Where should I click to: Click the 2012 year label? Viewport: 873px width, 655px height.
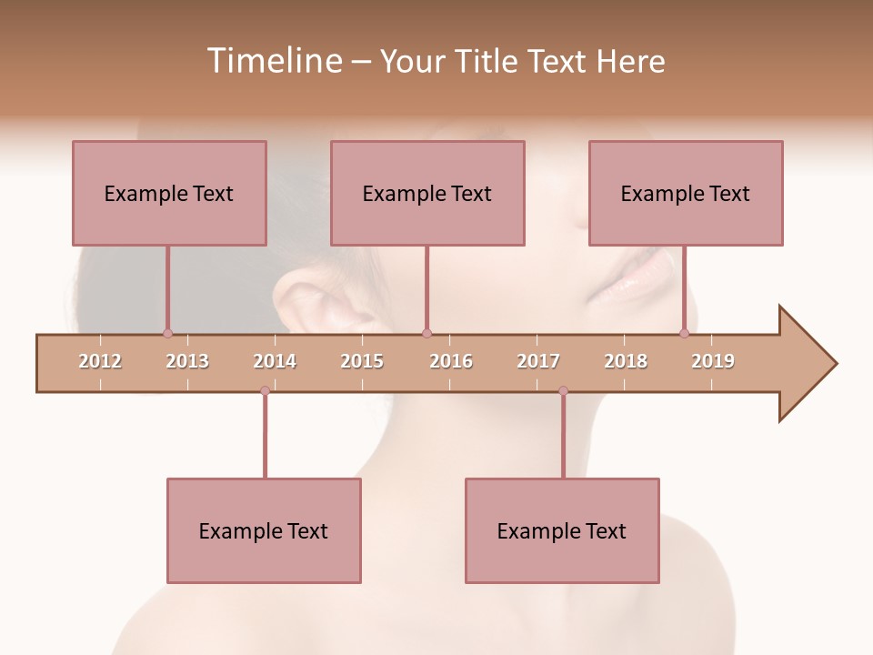coord(100,361)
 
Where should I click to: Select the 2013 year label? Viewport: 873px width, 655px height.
coord(187,361)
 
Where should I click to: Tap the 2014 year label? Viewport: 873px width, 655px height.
coord(275,361)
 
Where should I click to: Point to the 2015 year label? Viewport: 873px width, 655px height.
coord(362,361)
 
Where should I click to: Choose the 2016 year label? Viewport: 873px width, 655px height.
coord(451,361)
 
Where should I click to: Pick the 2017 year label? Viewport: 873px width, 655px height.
coord(538,361)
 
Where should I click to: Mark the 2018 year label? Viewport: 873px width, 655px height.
coord(626,361)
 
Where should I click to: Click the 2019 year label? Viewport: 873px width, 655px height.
coord(713,361)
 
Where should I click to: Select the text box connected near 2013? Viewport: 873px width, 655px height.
coord(169,193)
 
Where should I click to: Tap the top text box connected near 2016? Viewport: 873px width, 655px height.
coord(427,193)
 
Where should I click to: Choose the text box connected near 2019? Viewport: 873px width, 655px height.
coord(686,193)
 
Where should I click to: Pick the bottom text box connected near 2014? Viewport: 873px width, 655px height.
coord(264,530)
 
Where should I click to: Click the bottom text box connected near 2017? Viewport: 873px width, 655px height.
coord(562,530)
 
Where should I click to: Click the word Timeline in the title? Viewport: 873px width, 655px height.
coord(273,61)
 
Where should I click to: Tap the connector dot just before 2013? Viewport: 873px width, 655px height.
coord(167,333)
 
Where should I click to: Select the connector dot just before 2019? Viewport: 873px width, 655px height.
coord(684,333)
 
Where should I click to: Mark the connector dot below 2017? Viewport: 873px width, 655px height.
coord(563,391)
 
